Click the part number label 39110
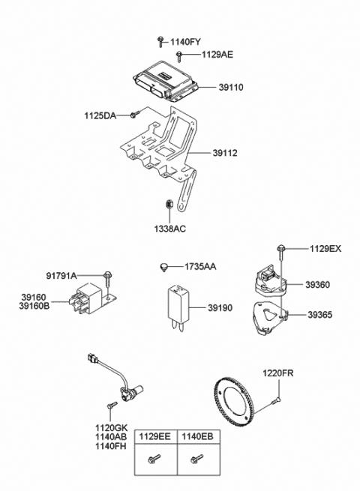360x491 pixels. [x=230, y=87]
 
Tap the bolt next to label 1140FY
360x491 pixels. [x=160, y=42]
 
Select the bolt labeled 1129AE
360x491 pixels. [x=179, y=57]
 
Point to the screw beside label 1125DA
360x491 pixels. [x=134, y=115]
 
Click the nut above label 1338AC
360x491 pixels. [x=169, y=204]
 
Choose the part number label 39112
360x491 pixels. [x=225, y=153]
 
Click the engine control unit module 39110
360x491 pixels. [x=166, y=81]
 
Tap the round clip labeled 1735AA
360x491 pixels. [x=163, y=268]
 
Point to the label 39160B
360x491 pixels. [x=34, y=306]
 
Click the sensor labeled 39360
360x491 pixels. [x=271, y=283]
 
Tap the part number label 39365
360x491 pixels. [x=319, y=315]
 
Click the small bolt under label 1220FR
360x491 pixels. [x=276, y=400]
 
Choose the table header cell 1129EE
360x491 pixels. [x=154, y=436]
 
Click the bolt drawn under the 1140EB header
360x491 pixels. [x=197, y=459]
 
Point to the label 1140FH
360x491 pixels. [x=111, y=446]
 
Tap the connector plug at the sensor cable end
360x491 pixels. [x=92, y=358]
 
